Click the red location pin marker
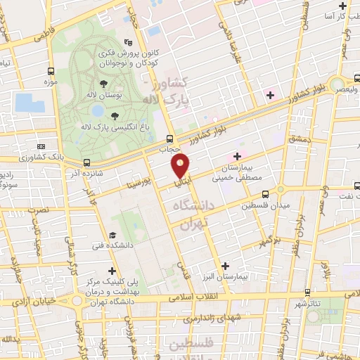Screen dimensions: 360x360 point(181,166)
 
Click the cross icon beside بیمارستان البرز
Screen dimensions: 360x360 point(225,265)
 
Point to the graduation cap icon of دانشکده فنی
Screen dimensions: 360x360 point(111,235)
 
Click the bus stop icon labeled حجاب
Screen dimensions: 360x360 point(169,138)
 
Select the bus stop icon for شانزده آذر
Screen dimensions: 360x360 point(86,162)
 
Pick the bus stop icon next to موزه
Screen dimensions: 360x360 point(51,71)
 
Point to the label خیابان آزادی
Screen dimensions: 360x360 point(28,300)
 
